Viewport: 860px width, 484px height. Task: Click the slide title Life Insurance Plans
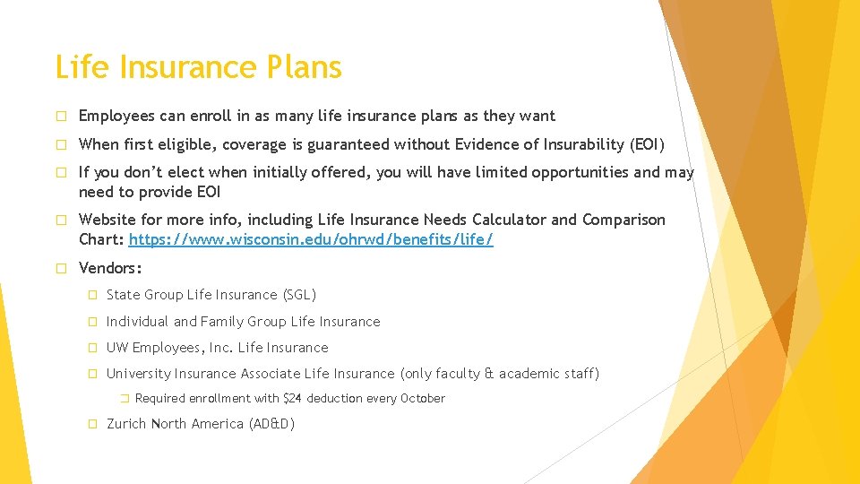pyautogui.click(x=198, y=68)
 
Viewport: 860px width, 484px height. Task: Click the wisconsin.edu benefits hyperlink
pyautogui.click(x=311, y=239)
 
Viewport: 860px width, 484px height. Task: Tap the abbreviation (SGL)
pyautogui.click(x=299, y=295)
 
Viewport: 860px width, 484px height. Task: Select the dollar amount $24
pyautogui.click(x=292, y=399)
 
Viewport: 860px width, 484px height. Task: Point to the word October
pyautogui.click(x=422, y=399)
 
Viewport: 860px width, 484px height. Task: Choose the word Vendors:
pyautogui.click(x=110, y=268)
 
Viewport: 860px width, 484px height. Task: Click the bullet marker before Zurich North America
pyautogui.click(x=92, y=424)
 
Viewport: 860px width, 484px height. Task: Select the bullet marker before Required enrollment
pyautogui.click(x=125, y=399)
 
